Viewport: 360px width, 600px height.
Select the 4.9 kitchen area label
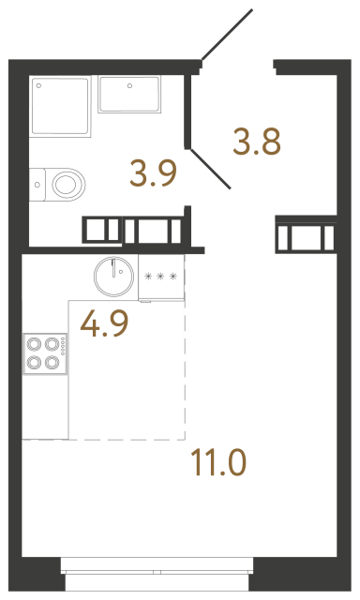(104, 323)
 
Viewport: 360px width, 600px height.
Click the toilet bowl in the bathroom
(65, 183)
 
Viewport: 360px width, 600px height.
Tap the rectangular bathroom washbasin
(130, 95)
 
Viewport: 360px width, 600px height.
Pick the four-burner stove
(41, 354)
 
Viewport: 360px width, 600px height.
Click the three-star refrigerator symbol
(161, 277)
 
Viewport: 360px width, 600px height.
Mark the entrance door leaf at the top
(228, 36)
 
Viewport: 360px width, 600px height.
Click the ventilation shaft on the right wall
(307, 235)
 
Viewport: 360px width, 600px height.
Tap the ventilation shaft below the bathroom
(136, 231)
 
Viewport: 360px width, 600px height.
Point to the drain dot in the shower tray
(40, 85)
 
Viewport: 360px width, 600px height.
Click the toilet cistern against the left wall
(37, 183)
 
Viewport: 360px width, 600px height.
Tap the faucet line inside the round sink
(115, 268)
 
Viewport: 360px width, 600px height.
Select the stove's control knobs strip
(63, 354)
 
